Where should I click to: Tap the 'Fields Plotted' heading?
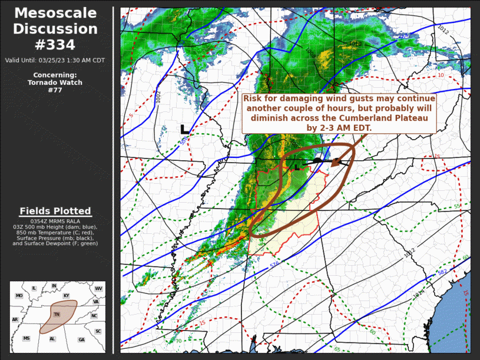click(55, 211)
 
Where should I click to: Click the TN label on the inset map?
click(57, 315)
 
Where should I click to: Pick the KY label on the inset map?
click(66, 296)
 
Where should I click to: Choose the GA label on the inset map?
click(81, 340)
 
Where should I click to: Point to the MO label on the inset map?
click(19, 296)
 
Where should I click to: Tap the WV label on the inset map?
click(98, 289)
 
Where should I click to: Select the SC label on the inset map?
click(98, 331)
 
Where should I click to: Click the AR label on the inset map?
click(15, 319)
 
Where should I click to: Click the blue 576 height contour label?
click(274, 265)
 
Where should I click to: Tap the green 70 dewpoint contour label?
click(178, 341)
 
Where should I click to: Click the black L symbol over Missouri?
click(184, 129)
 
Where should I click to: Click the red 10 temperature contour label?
click(441, 75)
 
